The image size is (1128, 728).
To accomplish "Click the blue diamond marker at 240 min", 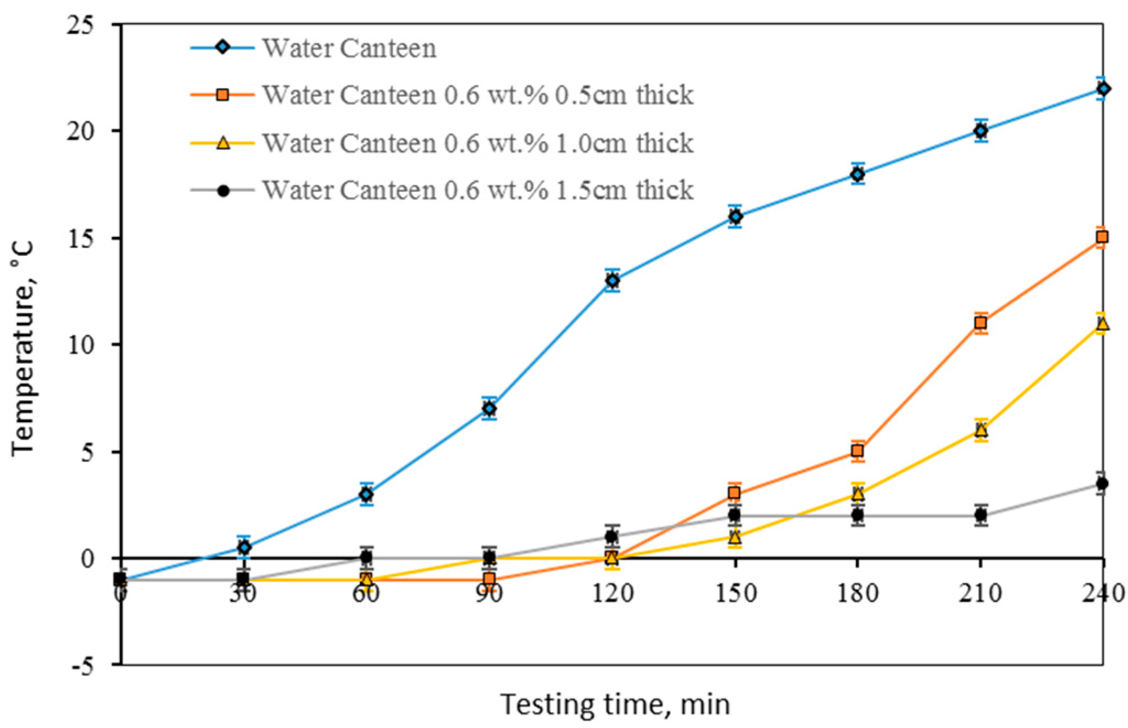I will point(1103,89).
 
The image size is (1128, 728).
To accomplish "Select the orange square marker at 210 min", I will point(980,323).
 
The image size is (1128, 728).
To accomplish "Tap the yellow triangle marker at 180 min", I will point(858,494).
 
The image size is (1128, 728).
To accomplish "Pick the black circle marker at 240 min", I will point(1102,483).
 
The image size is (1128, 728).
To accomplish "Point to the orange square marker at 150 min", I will point(734,493).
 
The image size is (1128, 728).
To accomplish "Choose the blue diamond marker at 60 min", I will point(366,494).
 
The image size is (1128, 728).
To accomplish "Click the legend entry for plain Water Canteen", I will point(349,48).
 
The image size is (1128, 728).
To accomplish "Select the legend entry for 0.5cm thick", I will point(477,95).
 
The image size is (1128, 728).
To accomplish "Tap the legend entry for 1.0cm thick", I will point(477,143).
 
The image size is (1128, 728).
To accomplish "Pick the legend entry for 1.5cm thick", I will point(477,190).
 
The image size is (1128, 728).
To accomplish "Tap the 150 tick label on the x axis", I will point(735,594).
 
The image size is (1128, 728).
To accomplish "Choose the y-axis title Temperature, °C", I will point(23,347).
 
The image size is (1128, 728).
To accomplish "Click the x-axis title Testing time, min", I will point(615,705).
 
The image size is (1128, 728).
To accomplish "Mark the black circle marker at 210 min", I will point(980,515).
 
